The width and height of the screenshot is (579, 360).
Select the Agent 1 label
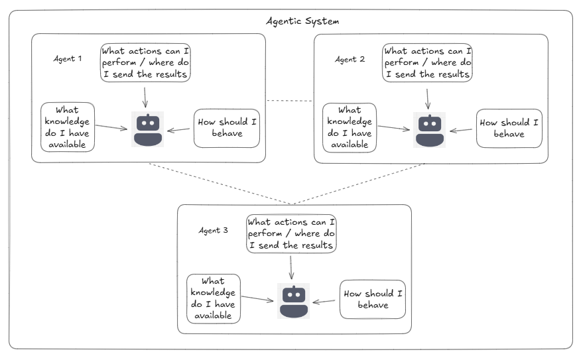[x=68, y=58]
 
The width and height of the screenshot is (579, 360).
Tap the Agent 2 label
[x=350, y=59]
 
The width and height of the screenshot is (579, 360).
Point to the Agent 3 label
[x=214, y=230]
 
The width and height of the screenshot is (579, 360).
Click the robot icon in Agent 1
[x=147, y=130]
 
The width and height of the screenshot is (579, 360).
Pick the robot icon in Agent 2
[x=429, y=130]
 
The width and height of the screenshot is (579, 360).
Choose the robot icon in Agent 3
[x=293, y=301]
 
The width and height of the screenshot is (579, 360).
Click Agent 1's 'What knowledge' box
[x=68, y=127]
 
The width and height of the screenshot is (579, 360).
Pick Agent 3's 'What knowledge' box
[x=214, y=298]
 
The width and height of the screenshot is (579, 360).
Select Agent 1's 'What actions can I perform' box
[x=146, y=63]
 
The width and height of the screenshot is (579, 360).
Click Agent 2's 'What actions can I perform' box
[x=428, y=63]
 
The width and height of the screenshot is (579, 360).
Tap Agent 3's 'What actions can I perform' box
[x=291, y=234]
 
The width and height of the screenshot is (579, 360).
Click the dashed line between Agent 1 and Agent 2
[x=289, y=101]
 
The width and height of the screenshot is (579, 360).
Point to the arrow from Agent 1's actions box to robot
[x=145, y=96]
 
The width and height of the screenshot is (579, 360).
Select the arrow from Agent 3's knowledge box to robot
[x=257, y=300]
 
